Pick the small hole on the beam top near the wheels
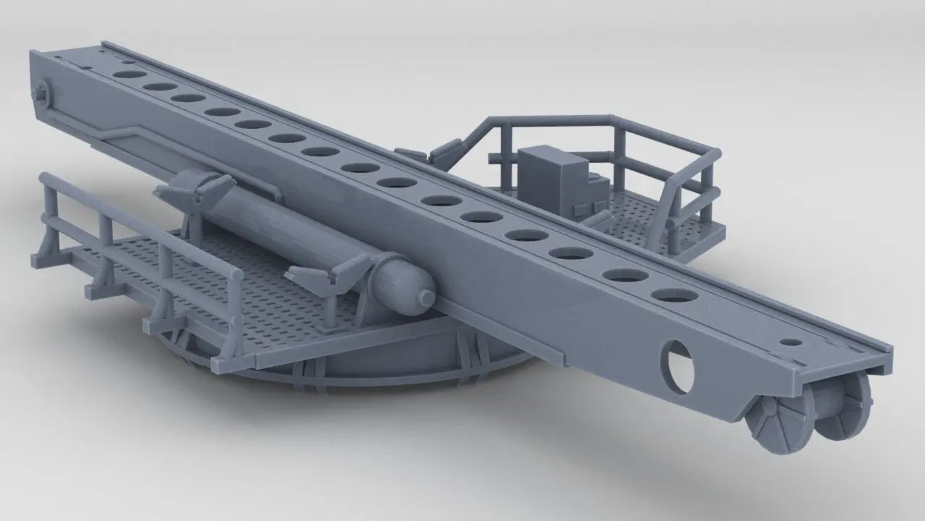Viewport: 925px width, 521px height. tap(792, 342)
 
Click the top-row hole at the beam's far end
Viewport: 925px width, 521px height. tap(126, 75)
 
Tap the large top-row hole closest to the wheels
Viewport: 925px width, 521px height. tap(673, 295)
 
